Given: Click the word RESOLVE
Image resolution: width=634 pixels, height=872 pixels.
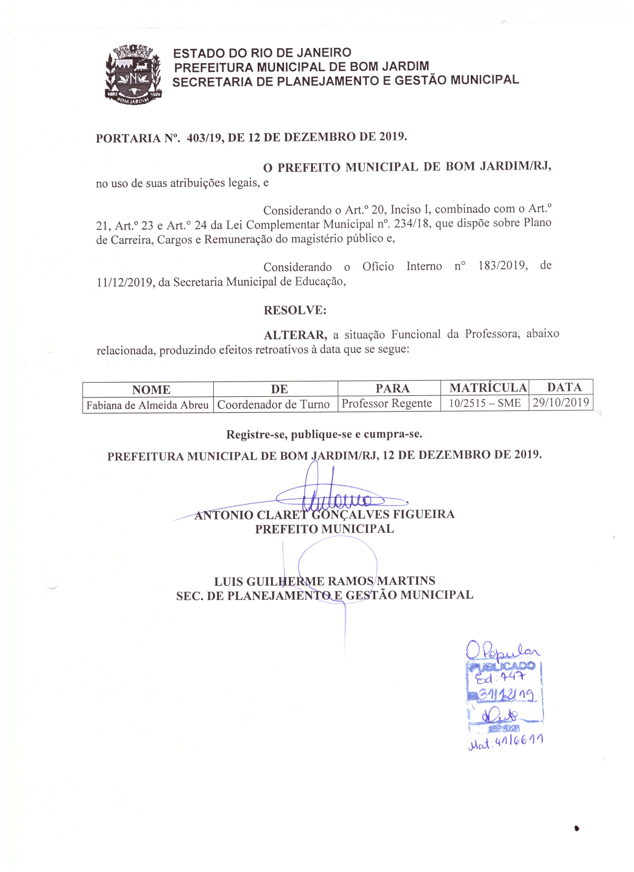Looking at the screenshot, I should tap(295, 310).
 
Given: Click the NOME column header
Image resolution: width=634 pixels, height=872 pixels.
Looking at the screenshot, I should tap(151, 390).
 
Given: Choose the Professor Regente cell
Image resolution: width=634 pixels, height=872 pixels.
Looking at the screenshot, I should tap(387, 403).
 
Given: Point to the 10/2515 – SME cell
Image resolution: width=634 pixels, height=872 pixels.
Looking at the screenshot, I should tap(485, 403).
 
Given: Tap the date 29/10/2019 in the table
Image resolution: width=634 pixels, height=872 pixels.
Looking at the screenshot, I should tap(560, 402).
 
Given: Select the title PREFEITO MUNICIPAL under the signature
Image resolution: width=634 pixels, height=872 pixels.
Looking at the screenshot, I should tap(324, 529).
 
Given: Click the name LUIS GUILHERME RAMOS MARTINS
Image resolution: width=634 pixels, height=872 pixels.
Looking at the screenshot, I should tap(324, 581).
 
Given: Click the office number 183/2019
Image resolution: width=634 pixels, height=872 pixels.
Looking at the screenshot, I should tap(502, 266).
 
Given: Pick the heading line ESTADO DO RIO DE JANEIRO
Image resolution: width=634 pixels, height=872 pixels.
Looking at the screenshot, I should tap(262, 53).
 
